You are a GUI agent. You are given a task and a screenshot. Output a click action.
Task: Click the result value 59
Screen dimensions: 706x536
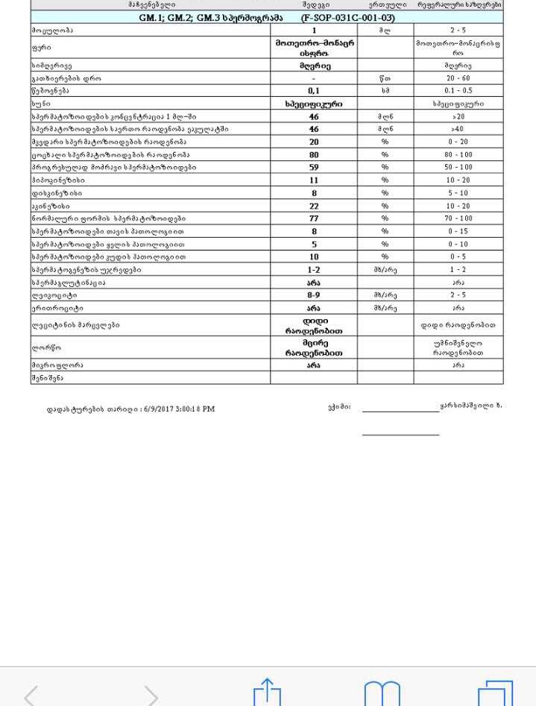pos(314,168)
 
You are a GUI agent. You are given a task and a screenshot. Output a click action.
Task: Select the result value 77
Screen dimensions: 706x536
pos(314,218)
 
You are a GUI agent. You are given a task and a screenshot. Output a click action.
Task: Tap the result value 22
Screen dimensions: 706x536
pos(314,206)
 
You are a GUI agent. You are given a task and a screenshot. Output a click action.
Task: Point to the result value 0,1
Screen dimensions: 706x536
pos(314,91)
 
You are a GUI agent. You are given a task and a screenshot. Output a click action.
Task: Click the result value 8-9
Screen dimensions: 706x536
pos(314,295)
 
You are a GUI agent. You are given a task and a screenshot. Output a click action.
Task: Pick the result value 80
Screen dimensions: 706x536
pos(314,155)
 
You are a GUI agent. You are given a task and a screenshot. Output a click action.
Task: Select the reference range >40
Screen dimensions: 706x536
pos(458,130)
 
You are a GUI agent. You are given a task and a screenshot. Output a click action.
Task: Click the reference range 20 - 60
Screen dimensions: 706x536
pos(458,78)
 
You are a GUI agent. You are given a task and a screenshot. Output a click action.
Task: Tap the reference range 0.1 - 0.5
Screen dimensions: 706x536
pos(458,91)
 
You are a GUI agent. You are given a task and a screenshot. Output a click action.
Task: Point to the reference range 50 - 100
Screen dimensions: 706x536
pos(458,168)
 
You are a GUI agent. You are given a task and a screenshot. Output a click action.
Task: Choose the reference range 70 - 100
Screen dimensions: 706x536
pos(458,218)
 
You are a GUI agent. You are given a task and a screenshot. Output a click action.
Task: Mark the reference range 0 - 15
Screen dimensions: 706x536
pos(458,231)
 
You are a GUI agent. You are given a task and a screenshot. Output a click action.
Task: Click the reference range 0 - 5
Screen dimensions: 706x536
pos(458,257)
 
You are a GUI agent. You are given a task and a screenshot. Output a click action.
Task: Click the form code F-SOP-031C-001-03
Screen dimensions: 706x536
pos(348,17)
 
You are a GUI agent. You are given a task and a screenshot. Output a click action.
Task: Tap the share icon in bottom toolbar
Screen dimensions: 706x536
pos(267,693)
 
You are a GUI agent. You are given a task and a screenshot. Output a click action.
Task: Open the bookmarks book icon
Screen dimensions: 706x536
pos(382,694)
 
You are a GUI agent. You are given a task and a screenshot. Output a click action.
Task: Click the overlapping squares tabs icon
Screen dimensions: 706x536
pos(495,694)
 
